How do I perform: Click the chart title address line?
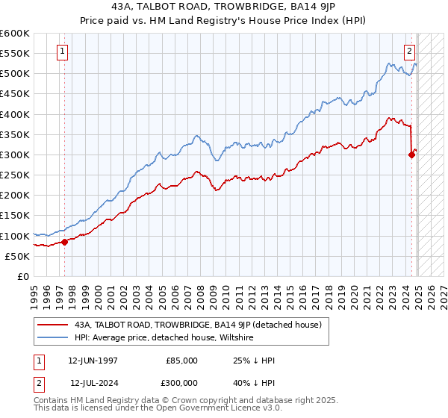click(x=223, y=7)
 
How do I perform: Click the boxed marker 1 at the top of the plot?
click(x=61, y=52)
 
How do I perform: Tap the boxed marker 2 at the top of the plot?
click(x=410, y=52)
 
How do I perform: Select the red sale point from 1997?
click(x=65, y=241)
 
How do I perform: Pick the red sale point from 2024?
click(x=411, y=155)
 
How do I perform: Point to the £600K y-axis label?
click(x=15, y=34)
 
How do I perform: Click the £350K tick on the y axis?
click(x=15, y=135)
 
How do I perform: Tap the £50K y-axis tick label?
click(x=18, y=256)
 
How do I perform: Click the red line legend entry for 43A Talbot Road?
click(x=198, y=325)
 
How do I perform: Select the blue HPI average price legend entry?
click(x=164, y=338)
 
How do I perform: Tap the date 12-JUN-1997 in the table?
click(x=93, y=361)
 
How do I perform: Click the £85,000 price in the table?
click(x=182, y=361)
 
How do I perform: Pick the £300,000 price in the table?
click(x=182, y=383)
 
